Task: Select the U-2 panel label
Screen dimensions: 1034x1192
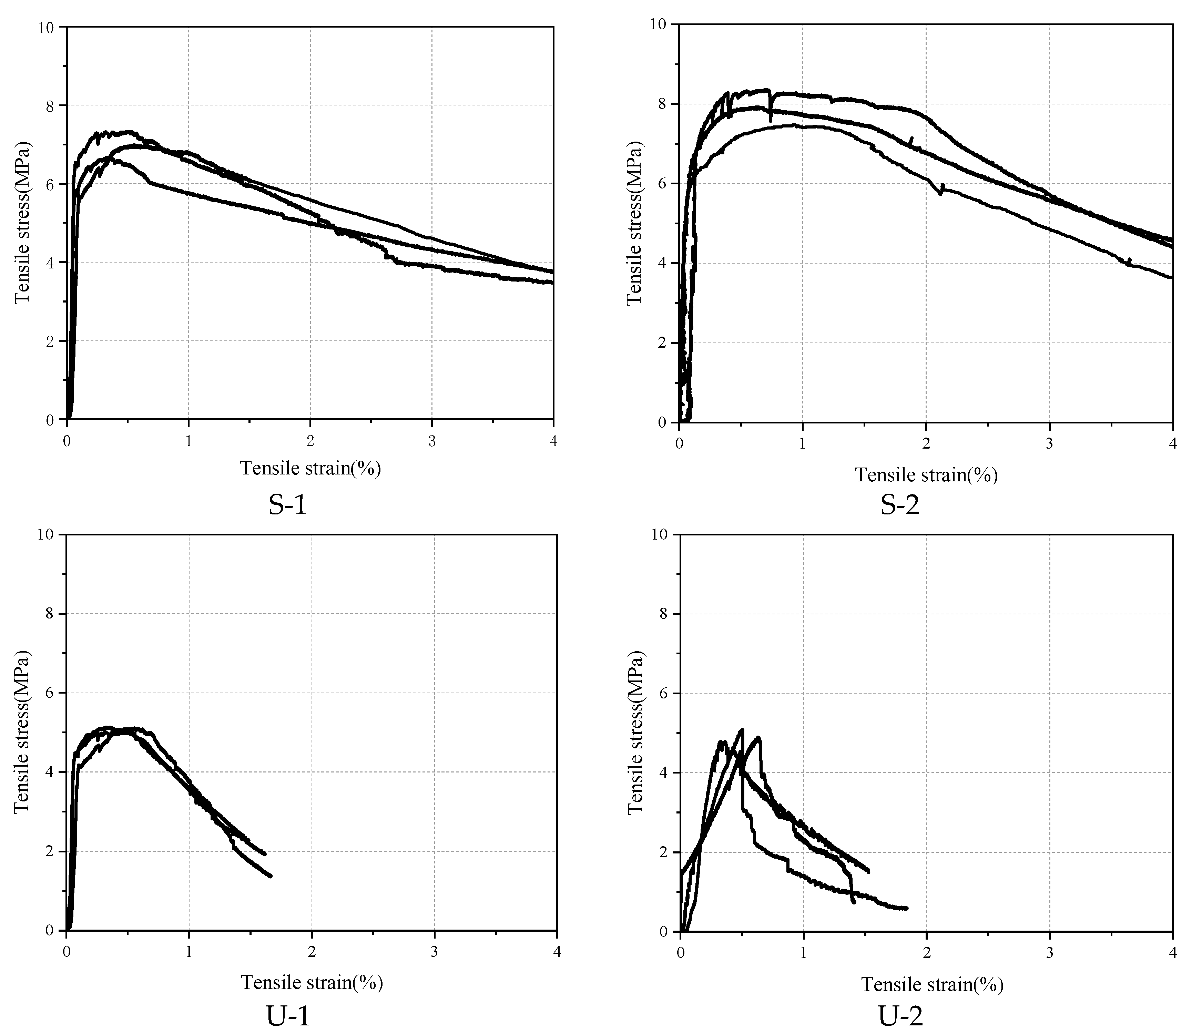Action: coord(900,1017)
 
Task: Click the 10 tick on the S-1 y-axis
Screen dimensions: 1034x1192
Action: coord(49,27)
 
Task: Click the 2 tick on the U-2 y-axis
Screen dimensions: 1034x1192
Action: coord(665,852)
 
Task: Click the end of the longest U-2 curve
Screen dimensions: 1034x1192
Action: coord(907,908)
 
